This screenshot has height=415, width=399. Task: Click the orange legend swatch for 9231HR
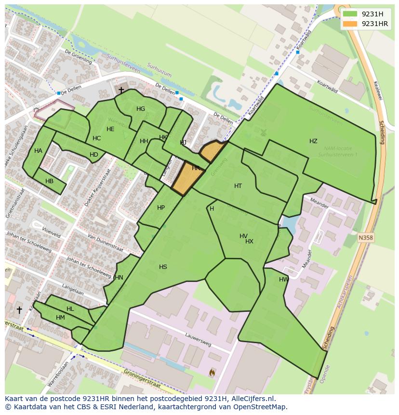point(350,24)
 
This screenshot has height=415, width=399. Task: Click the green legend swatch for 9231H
point(350,14)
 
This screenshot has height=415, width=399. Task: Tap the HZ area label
point(313,141)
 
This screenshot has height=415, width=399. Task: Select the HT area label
point(238,186)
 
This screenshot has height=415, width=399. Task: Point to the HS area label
point(163,267)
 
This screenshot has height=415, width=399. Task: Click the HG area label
point(141,109)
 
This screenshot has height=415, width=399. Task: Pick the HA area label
point(38,151)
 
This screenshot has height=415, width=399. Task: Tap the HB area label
point(49,181)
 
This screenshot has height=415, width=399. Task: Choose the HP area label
point(161,208)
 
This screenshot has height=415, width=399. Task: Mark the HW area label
point(284,280)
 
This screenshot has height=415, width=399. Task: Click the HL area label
point(70,309)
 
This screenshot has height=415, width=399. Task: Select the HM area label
point(60,318)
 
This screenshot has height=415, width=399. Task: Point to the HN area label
point(119,277)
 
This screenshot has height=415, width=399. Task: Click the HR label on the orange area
point(196,168)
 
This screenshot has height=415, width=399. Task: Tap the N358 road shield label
point(366,238)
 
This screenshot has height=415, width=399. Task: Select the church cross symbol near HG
point(121,90)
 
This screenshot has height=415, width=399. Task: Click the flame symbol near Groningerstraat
point(212,372)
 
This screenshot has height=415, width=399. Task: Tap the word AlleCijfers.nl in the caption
point(253,399)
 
